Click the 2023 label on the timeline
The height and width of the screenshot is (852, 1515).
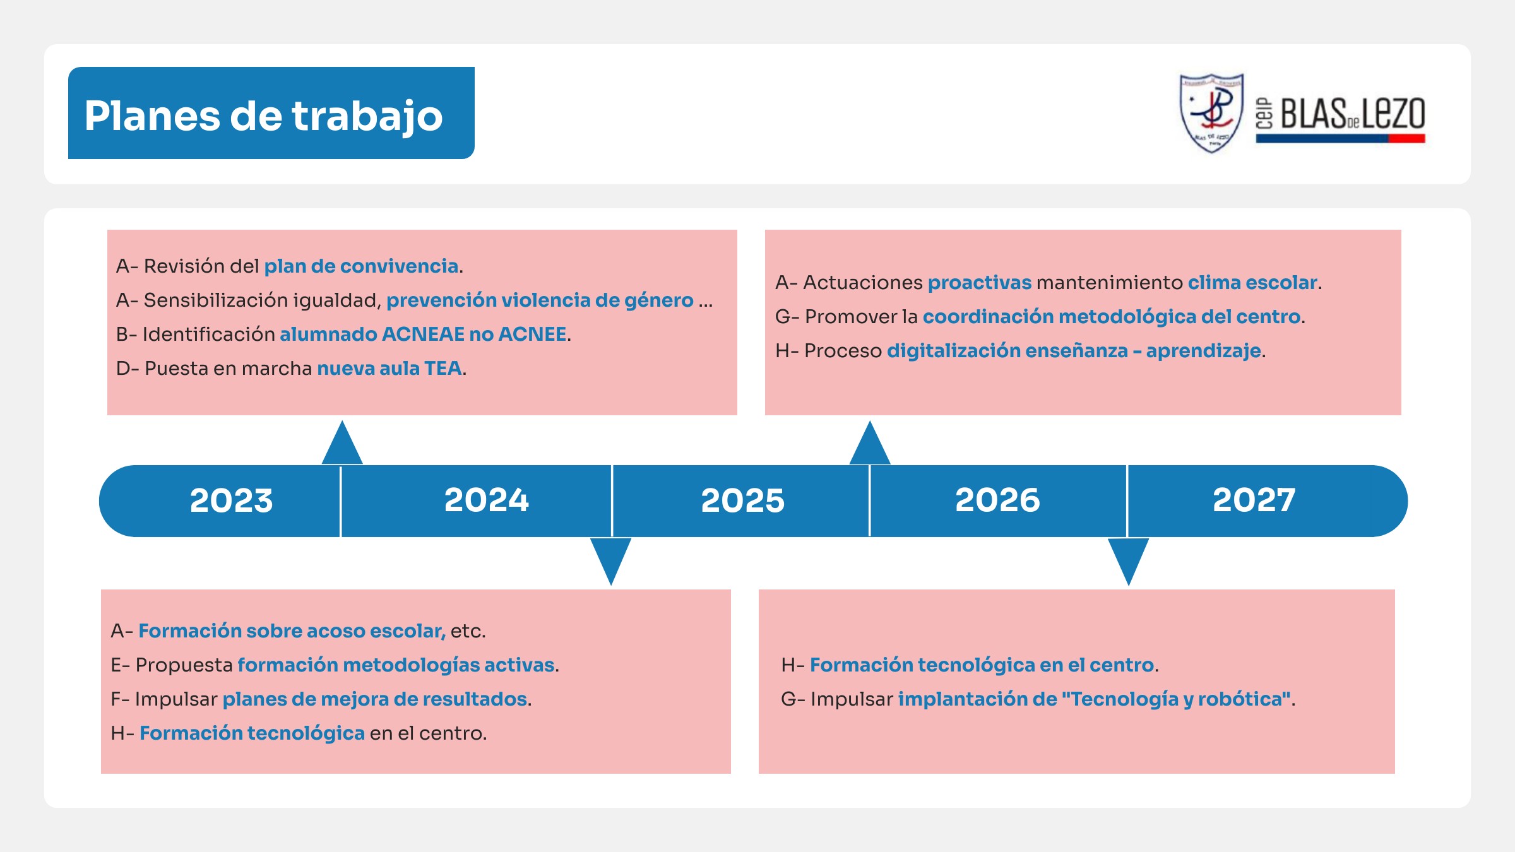[x=232, y=500]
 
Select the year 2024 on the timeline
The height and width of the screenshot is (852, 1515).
[x=486, y=500]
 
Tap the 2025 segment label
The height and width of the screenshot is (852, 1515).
[x=742, y=500]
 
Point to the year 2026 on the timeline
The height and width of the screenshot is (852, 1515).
[x=997, y=500]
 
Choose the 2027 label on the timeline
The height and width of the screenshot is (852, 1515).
[x=1254, y=500]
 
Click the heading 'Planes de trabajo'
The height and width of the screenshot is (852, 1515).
[x=264, y=116]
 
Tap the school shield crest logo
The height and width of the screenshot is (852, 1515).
[x=1211, y=113]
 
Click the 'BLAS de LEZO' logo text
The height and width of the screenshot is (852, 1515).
[x=1352, y=114]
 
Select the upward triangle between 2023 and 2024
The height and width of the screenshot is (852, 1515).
[x=342, y=442]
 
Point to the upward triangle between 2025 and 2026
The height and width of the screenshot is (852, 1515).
[x=870, y=442]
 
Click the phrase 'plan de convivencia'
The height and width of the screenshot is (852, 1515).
[x=361, y=266]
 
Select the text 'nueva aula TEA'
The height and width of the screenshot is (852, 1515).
[x=389, y=369]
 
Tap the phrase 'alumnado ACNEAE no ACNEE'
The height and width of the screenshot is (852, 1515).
[x=423, y=334]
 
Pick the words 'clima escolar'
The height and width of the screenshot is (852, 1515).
[x=1252, y=283]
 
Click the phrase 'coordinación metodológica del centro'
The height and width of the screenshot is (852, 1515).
[x=1112, y=317]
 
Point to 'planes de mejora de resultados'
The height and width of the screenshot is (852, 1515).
[x=375, y=699]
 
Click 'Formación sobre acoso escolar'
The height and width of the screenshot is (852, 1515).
[x=292, y=631]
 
